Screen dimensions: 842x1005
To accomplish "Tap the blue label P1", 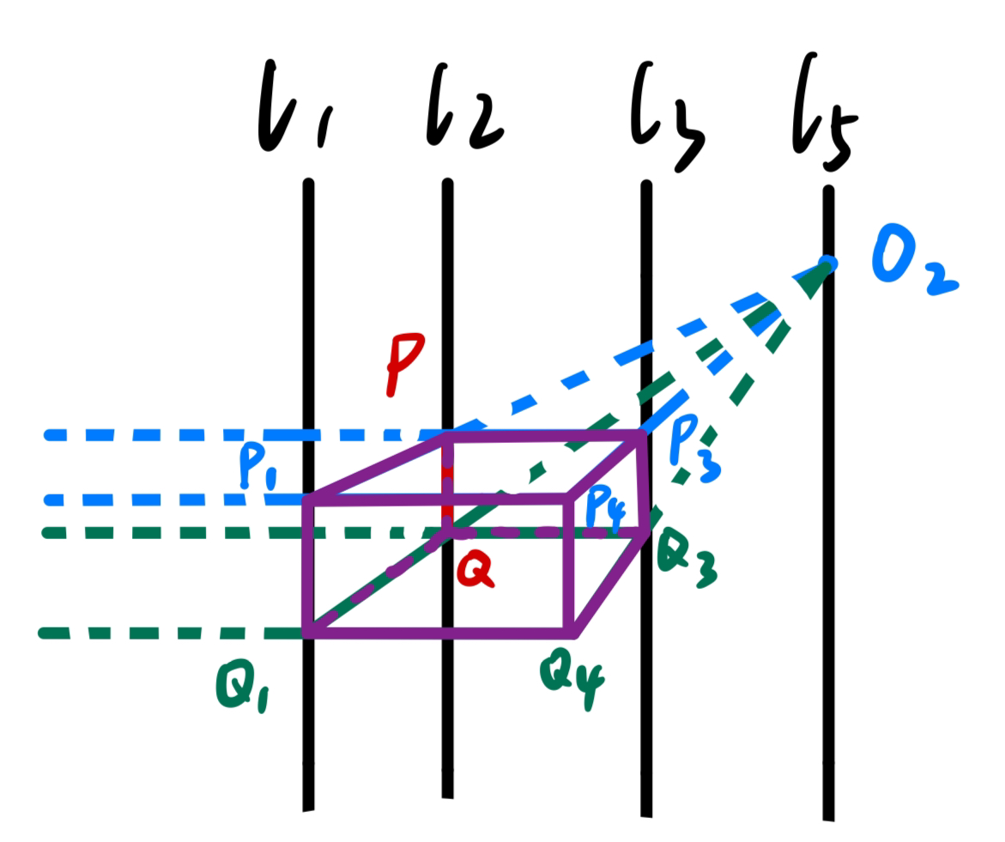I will pos(258,468).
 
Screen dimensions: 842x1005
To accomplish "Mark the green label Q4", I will pos(570,677).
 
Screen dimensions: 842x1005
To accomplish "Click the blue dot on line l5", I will pos(827,261).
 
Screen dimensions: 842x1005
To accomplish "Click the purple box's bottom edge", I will pos(438,633).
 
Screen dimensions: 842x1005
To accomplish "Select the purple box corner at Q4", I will pos(572,633).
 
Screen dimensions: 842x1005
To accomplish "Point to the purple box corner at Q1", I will pos(309,633).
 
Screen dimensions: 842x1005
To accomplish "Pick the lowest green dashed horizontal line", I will pos(172,633).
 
